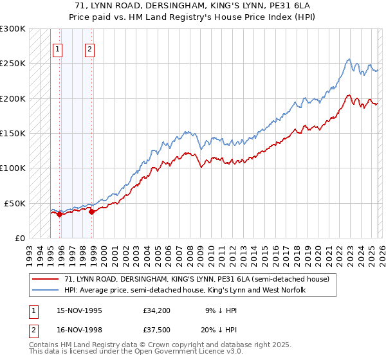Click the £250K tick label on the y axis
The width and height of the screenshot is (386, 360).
point(13,64)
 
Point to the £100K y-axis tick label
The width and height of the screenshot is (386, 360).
point(13,168)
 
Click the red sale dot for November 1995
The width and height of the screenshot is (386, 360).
point(59,214)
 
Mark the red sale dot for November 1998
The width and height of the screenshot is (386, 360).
point(91,212)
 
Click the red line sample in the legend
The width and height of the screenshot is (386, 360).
point(44,280)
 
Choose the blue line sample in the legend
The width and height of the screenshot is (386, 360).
point(44,291)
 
